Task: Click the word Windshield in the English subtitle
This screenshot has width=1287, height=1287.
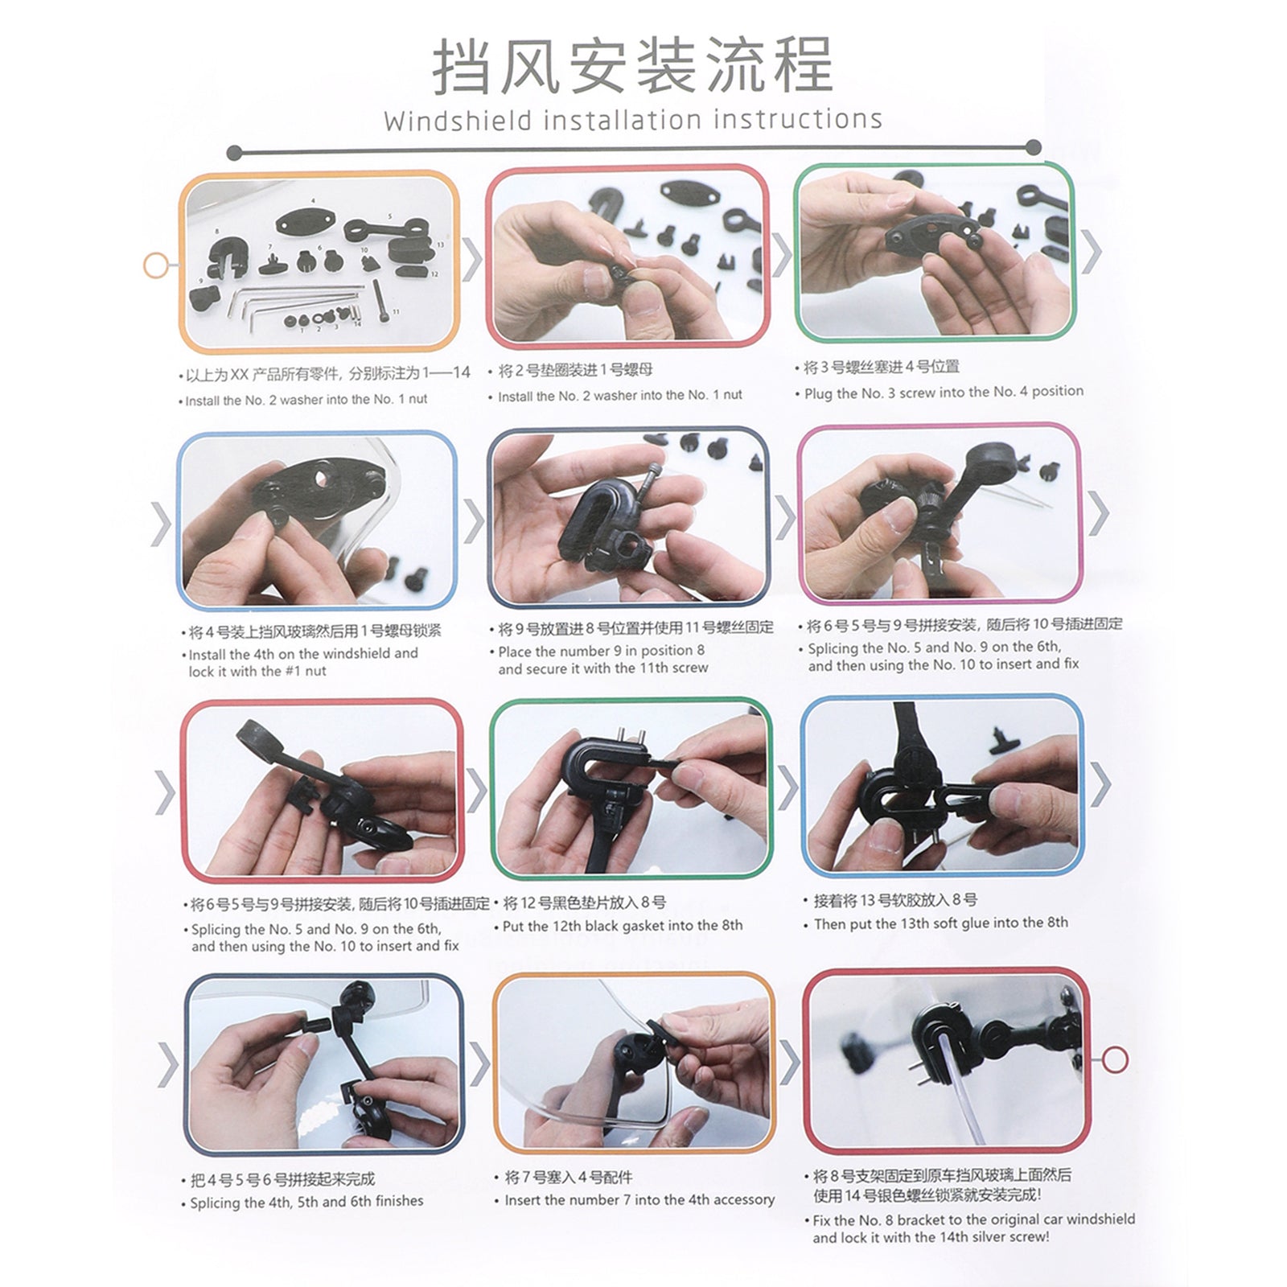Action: pyautogui.click(x=458, y=121)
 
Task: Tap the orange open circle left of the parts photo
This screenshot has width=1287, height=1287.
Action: pyautogui.click(x=155, y=265)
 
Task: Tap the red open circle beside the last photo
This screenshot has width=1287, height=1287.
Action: pyautogui.click(x=1114, y=1059)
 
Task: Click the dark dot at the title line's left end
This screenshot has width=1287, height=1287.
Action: pyautogui.click(x=234, y=152)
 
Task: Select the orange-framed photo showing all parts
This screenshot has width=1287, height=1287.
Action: pyautogui.click(x=319, y=262)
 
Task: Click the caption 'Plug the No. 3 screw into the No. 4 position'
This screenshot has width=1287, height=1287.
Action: pyautogui.click(x=943, y=393)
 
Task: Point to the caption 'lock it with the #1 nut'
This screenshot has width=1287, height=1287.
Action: pyautogui.click(x=257, y=672)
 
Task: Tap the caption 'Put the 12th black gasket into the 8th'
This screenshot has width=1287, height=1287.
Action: pyautogui.click(x=622, y=926)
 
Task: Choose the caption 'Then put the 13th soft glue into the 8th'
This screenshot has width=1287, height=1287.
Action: pyautogui.click(x=940, y=923)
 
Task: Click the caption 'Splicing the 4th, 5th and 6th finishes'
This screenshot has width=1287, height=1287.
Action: pyautogui.click(x=306, y=1202)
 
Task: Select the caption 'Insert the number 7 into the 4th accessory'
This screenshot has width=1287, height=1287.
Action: pyautogui.click(x=639, y=1199)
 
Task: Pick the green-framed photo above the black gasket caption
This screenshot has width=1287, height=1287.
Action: pyautogui.click(x=631, y=789)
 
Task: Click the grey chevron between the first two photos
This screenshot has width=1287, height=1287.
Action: pyautogui.click(x=472, y=259)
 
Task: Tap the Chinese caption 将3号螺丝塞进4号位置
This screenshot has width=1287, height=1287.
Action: pyautogui.click(x=882, y=367)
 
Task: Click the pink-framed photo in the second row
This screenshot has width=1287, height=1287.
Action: pyautogui.click(x=940, y=513)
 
